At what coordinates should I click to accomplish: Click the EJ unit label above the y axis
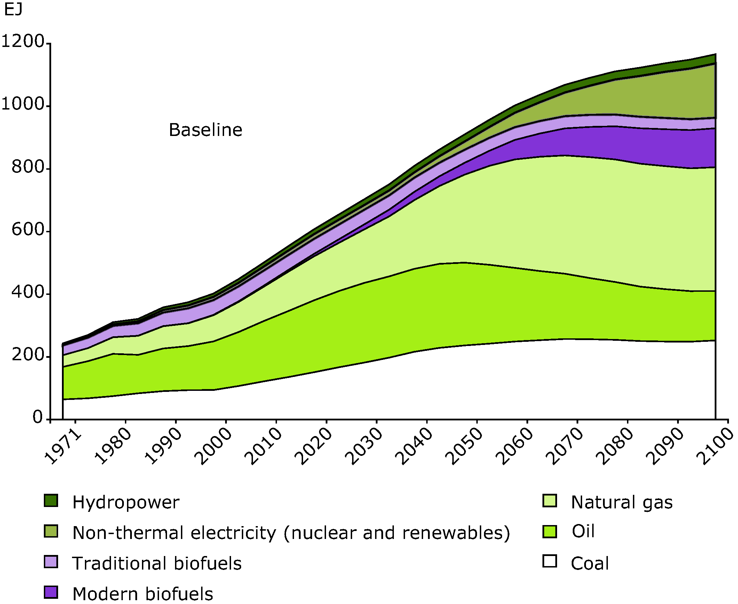13,9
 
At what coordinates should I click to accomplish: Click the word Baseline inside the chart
205,130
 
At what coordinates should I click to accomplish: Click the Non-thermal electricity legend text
291,533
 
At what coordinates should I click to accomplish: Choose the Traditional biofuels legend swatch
51,562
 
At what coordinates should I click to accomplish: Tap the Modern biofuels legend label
143,594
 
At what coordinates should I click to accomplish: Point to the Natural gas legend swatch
549,501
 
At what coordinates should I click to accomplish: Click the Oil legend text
583,531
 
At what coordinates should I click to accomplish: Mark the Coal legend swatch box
549,561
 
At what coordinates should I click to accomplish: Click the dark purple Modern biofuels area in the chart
627,143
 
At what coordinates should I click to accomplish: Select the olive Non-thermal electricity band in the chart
661,97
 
